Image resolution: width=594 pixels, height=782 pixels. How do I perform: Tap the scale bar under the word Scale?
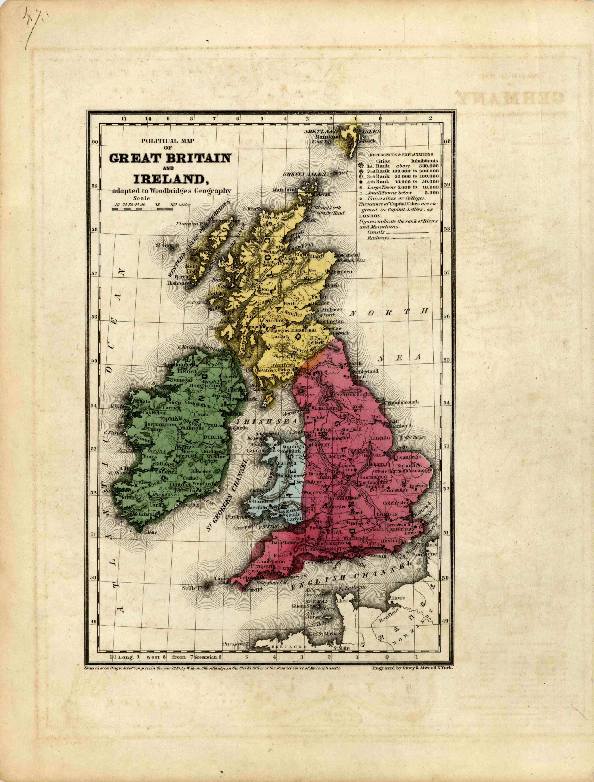pyautogui.click(x=142, y=209)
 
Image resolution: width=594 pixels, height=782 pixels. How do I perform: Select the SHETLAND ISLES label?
pyautogui.click(x=342, y=131)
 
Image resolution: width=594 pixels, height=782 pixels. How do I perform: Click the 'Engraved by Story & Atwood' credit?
pyautogui.click(x=412, y=668)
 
